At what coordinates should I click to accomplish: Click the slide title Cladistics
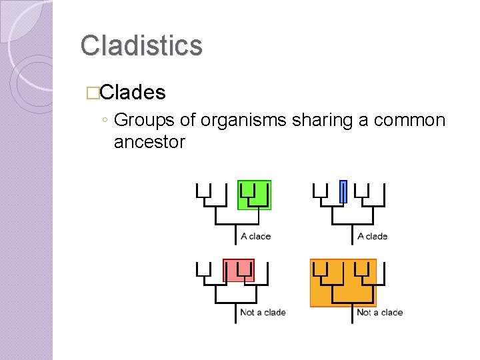point(141,45)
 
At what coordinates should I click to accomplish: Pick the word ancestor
point(149,142)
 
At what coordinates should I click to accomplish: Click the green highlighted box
point(255,195)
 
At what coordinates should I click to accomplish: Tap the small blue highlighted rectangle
point(343,191)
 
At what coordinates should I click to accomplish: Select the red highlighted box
point(239,271)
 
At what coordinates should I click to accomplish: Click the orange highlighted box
point(343,283)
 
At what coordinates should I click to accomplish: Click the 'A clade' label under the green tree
point(256,236)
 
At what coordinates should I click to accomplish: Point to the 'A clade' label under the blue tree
point(373,236)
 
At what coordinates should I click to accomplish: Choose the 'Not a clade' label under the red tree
point(263,313)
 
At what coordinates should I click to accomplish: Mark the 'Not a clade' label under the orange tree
point(380,313)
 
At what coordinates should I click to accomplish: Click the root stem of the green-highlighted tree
point(235,234)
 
